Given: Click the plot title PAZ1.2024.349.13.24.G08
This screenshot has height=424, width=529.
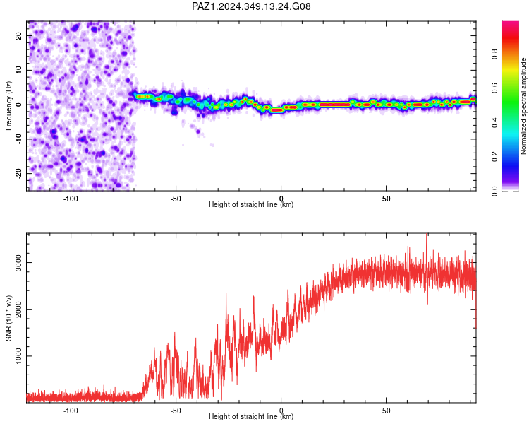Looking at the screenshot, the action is [x=251, y=6].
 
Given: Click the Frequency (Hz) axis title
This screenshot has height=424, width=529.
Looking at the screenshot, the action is [x=8, y=106].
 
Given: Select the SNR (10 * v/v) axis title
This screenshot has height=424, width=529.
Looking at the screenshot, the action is [x=8, y=318].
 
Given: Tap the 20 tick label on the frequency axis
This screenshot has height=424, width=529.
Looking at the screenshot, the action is [x=19, y=36].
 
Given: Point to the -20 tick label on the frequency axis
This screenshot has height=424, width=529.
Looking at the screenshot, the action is [x=19, y=173].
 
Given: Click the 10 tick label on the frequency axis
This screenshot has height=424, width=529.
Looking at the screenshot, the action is [x=19, y=71].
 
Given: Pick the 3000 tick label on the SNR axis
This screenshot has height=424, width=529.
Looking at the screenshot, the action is [x=19, y=262].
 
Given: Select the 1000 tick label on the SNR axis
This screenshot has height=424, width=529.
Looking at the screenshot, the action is [x=19, y=356].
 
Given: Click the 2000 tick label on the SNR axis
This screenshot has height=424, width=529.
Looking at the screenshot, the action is [x=19, y=309].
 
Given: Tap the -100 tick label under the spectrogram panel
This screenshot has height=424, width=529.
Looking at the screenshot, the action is [x=70, y=199].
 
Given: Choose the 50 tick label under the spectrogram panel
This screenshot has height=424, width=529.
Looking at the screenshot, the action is [x=387, y=199].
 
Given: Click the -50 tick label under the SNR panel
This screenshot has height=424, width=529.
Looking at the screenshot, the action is [x=176, y=411].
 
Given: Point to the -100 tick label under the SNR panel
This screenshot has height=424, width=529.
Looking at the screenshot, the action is [x=70, y=411].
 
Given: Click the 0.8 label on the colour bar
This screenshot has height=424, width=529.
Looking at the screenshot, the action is [x=495, y=54].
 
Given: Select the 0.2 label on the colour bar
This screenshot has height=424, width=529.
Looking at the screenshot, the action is [x=495, y=157].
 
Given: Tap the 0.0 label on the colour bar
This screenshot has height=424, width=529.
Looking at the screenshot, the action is [x=495, y=191].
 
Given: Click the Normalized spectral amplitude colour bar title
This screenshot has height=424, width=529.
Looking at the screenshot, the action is [x=523, y=106].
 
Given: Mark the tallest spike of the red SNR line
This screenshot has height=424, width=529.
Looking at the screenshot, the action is [x=427, y=235].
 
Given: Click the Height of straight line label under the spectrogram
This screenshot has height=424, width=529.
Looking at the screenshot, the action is [x=251, y=204].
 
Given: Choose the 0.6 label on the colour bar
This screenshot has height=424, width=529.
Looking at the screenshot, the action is [x=495, y=88].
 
